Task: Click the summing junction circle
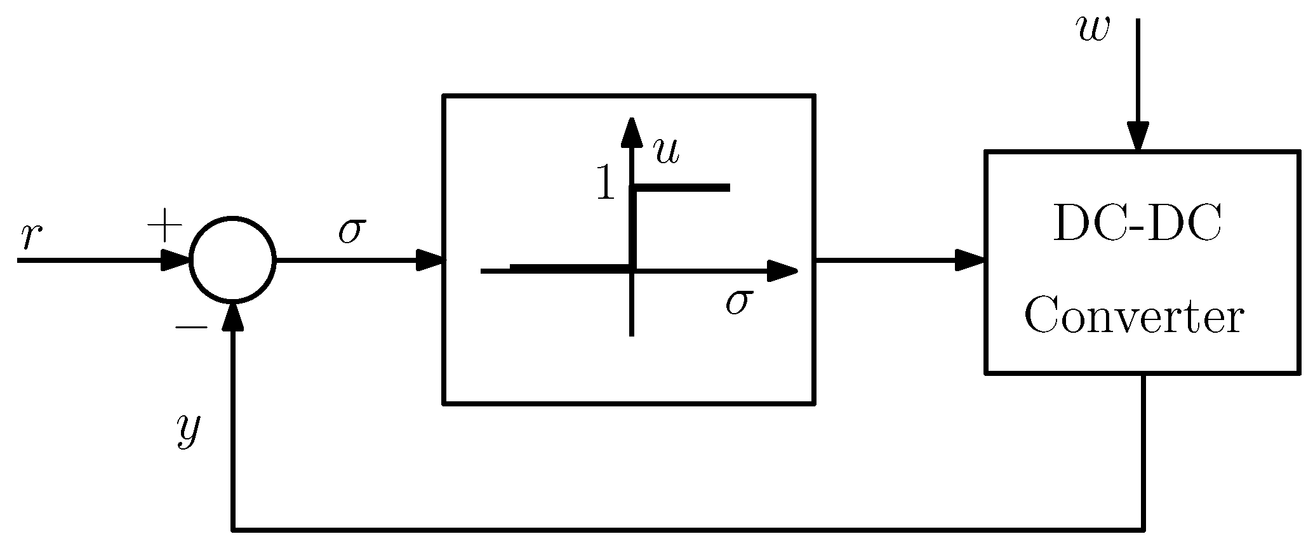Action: pos(233,260)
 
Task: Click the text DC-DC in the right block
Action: pos(1136,225)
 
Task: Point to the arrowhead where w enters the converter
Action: pos(1138,136)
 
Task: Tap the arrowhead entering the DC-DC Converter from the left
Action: pos(970,260)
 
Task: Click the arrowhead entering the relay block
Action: pos(429,260)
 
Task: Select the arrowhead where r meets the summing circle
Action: pos(176,260)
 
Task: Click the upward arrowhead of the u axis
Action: pos(631,132)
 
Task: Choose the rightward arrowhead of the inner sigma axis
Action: pos(782,271)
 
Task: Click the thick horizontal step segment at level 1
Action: pos(683,187)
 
